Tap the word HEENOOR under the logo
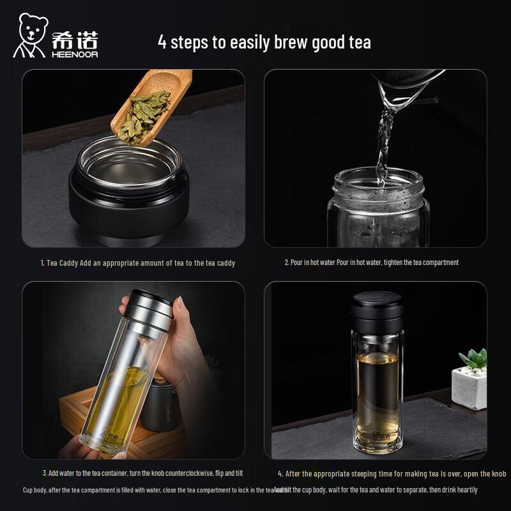click(75, 54)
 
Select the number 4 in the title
click(162, 43)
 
